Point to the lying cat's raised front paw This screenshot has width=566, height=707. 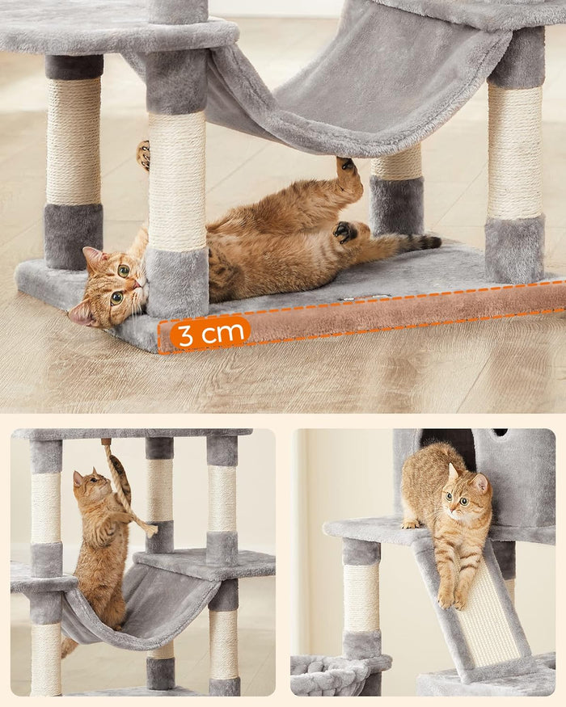144,154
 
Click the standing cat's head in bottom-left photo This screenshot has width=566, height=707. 87,485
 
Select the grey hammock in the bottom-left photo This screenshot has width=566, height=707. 137,606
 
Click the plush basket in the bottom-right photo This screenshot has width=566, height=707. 332,675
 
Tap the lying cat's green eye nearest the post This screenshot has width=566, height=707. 124,271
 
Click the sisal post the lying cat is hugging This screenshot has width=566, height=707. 177,182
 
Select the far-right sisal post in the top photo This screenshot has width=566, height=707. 514,154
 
